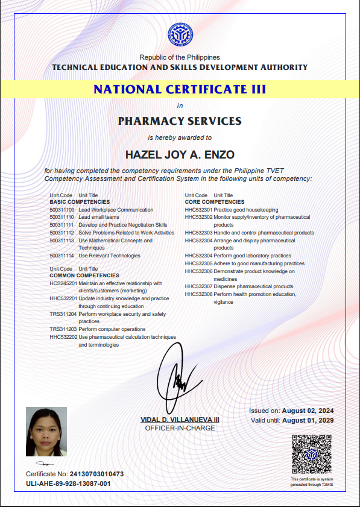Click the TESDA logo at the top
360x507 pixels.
coord(180,36)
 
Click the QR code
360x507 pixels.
coord(312,454)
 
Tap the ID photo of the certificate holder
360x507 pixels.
coord(46,432)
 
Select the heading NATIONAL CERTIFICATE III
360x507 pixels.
coord(180,90)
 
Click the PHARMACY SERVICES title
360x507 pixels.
coord(180,121)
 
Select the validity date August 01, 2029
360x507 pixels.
coord(308,420)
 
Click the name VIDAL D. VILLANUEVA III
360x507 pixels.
coord(180,419)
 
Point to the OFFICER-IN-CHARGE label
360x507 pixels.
coord(180,428)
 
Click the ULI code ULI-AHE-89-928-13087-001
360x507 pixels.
coord(68,483)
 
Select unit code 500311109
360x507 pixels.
coord(62,210)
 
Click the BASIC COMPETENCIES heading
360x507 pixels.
coord(80,202)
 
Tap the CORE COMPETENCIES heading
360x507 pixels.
coord(215,202)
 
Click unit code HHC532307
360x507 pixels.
coord(198,286)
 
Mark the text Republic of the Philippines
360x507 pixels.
coord(180,57)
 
